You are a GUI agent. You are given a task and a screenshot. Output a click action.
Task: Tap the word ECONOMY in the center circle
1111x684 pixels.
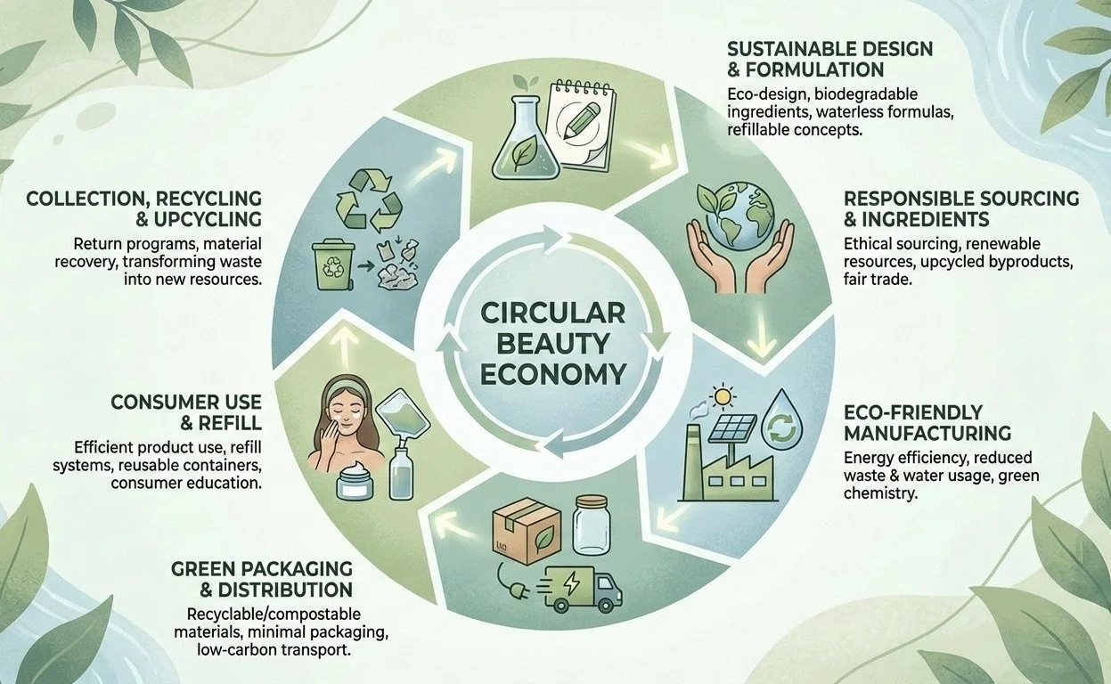tap(552, 372)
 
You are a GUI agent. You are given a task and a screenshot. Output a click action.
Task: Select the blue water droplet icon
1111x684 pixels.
tap(781, 420)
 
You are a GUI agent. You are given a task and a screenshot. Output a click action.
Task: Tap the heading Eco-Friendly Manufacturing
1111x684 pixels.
tap(927, 423)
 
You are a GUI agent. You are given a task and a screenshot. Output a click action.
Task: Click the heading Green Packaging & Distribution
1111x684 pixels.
tap(262, 579)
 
